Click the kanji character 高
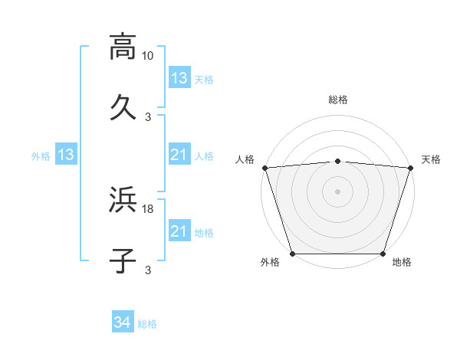tap(123, 46)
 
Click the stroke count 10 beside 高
tap(148, 56)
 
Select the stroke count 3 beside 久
tap(148, 116)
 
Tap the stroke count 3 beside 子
tap(148, 270)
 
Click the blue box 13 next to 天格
tap(179, 78)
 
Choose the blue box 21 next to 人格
tap(179, 155)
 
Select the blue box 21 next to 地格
tap(179, 231)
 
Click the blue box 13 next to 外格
tap(65, 155)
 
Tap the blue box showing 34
tap(123, 323)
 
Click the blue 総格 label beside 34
tap(147, 324)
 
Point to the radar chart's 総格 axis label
tap(337, 100)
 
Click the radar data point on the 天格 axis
tap(410, 168)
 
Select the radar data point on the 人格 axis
tap(264, 168)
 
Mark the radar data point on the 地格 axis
tap(383, 254)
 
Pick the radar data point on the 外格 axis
tap(292, 254)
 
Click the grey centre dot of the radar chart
tap(337, 191)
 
